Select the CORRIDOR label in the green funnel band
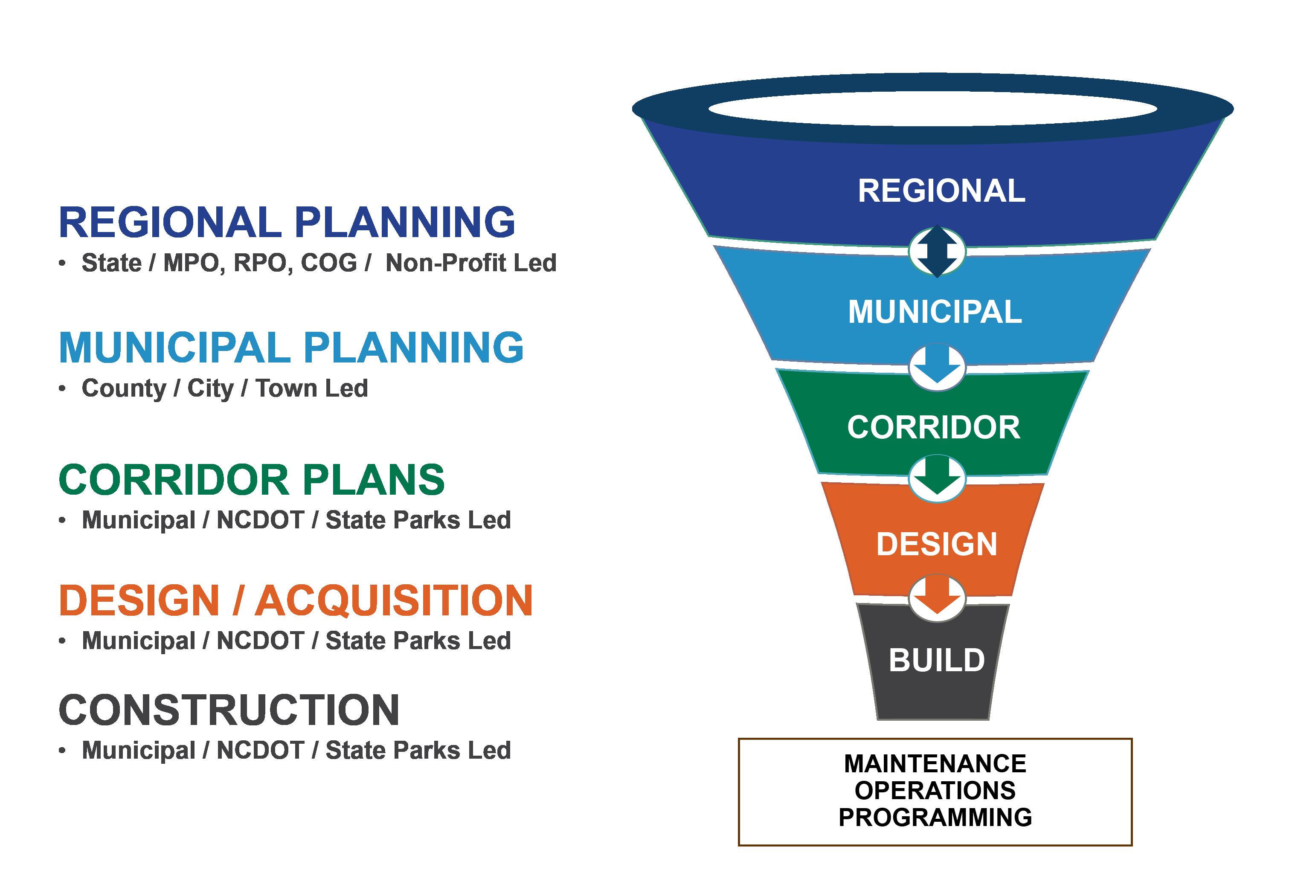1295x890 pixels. click(x=934, y=428)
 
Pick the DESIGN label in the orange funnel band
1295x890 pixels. click(x=936, y=544)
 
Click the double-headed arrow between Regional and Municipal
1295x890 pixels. click(x=937, y=251)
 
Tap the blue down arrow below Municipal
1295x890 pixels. click(x=937, y=367)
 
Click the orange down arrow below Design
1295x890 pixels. click(x=937, y=597)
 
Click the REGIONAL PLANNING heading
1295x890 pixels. click(x=287, y=222)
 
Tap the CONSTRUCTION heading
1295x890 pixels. click(x=229, y=710)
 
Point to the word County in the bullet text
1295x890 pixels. click(x=124, y=388)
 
